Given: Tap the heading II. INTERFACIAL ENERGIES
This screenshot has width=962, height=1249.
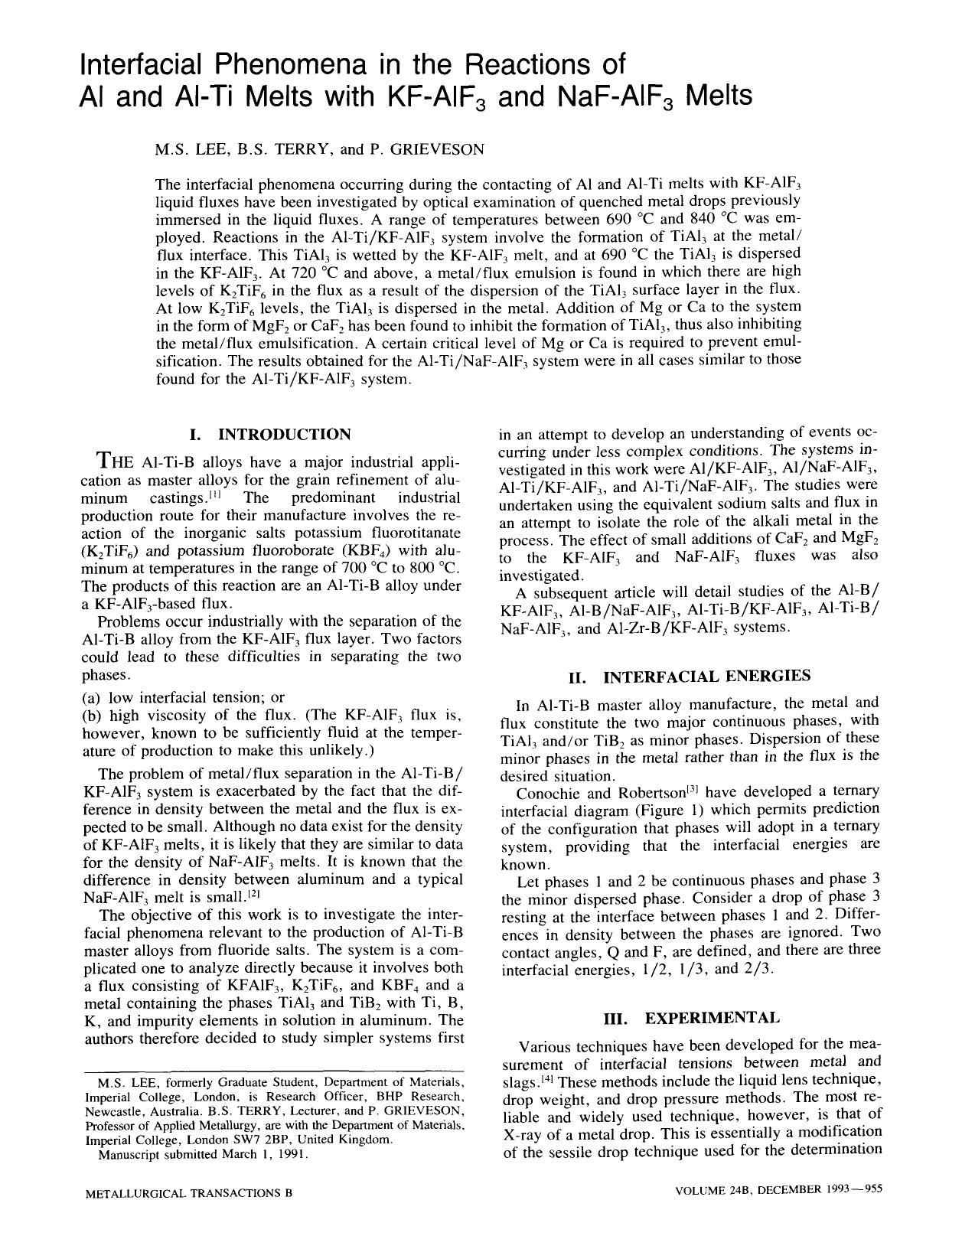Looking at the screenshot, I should click(689, 677).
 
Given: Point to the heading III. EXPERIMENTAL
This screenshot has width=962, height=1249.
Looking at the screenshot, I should click(692, 1018).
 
